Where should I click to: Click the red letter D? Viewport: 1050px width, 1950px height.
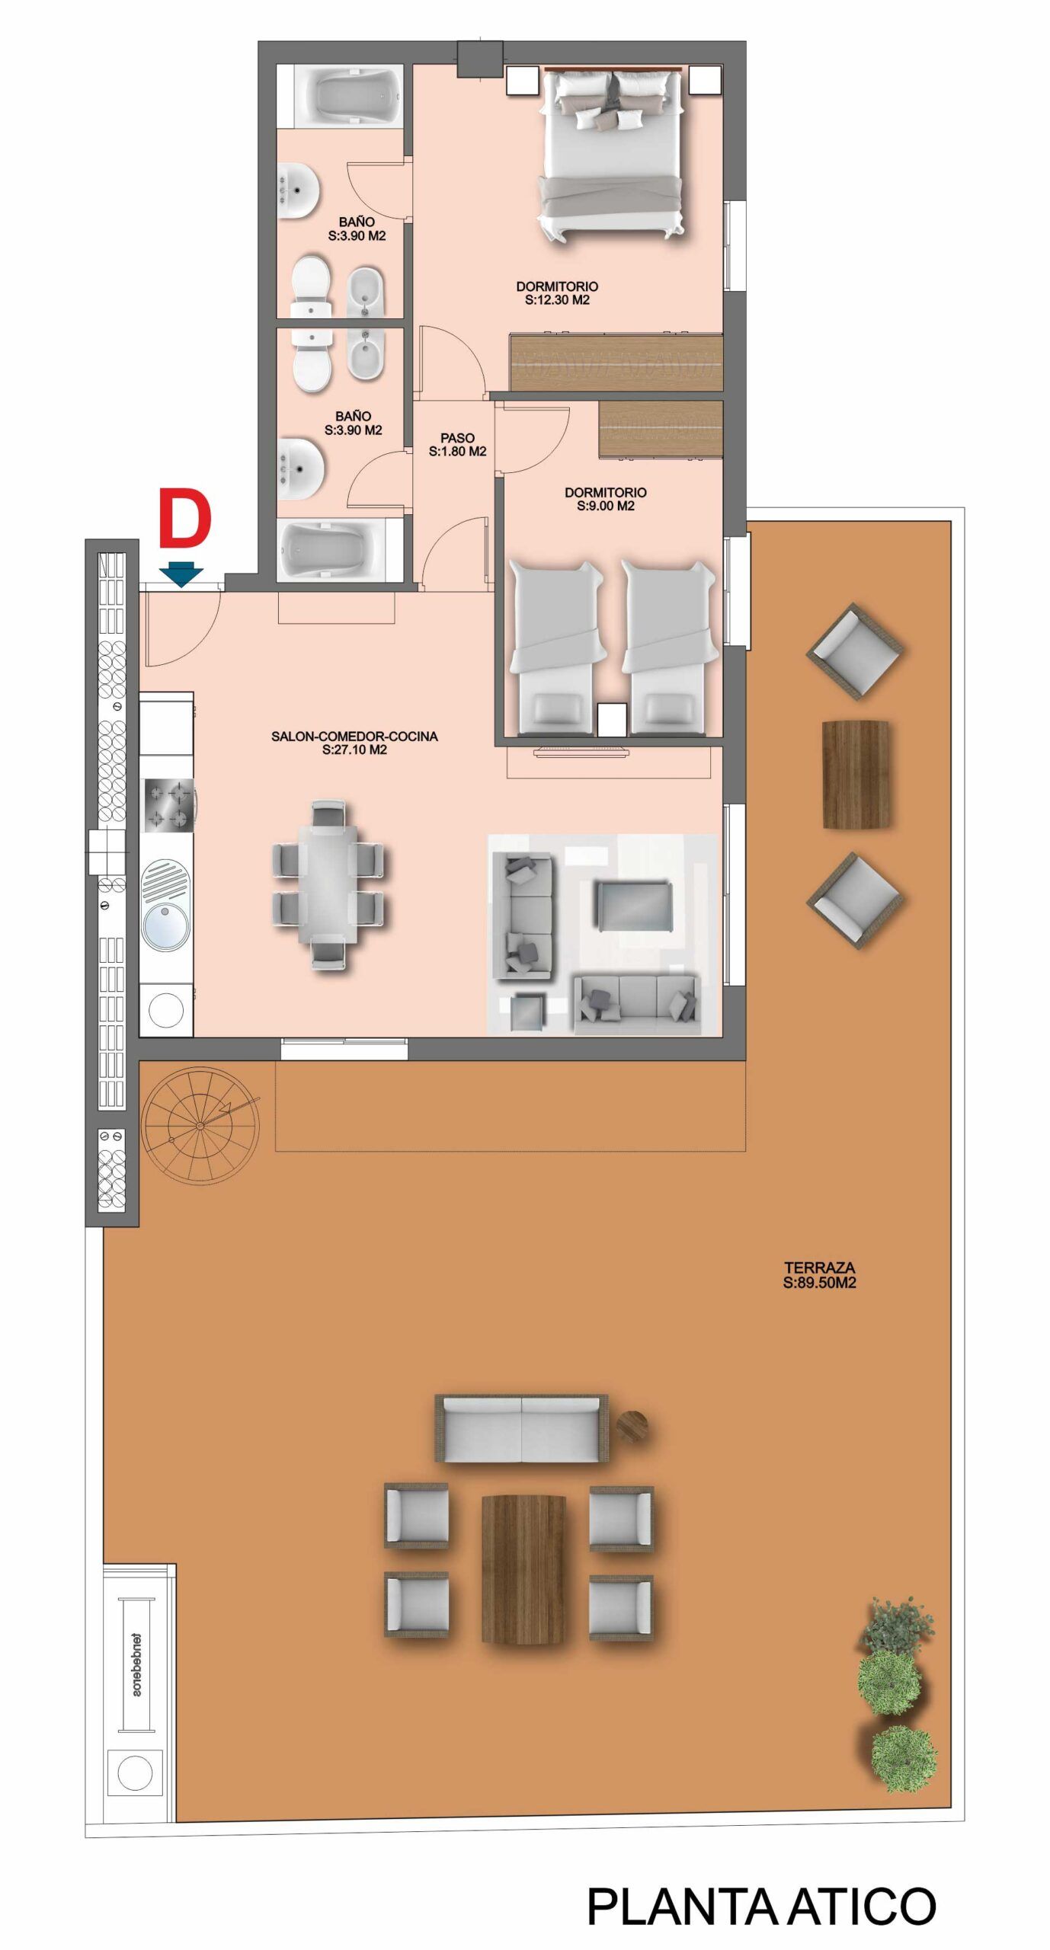[184, 519]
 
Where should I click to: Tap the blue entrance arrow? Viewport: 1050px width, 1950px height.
[181, 574]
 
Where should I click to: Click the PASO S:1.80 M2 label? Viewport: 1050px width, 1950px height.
[457, 445]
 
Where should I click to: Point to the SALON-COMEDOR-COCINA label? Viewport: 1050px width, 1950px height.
[354, 743]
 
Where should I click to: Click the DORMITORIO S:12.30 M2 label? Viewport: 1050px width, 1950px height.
[557, 293]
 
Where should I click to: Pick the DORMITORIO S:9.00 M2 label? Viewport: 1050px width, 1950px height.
[606, 499]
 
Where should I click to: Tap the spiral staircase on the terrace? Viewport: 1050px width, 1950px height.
[200, 1125]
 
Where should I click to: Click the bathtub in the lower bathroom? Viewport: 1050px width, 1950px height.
[340, 550]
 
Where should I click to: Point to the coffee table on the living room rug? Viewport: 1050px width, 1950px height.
[633, 906]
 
